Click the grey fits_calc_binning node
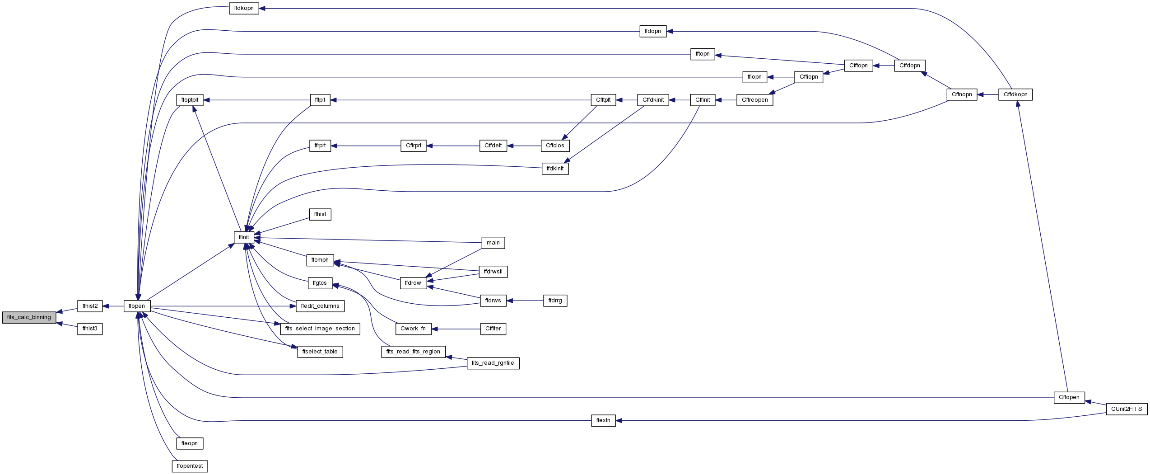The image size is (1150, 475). point(29,317)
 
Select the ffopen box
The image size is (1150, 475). point(137,306)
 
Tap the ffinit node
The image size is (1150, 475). point(244,237)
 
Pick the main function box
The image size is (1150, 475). point(493,243)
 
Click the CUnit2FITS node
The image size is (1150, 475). point(1127,409)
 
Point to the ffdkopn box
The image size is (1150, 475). point(244,8)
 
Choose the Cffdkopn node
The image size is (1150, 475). point(1015,94)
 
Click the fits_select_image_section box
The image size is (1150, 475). point(320,329)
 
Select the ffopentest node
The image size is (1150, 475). point(190,466)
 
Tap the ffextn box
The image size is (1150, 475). point(603,420)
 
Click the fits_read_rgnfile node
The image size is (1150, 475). point(493,363)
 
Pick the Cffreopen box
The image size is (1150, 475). point(755,100)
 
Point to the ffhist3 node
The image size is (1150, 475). point(90,329)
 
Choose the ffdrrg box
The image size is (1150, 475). point(555,301)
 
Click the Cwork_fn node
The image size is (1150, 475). point(413,329)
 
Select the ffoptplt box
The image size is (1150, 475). point(190,100)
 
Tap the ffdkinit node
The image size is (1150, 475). point(555,169)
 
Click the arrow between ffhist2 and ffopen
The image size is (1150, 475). point(113,306)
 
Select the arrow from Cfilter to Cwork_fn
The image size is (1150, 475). point(456,329)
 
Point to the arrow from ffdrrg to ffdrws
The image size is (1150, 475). point(525,301)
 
